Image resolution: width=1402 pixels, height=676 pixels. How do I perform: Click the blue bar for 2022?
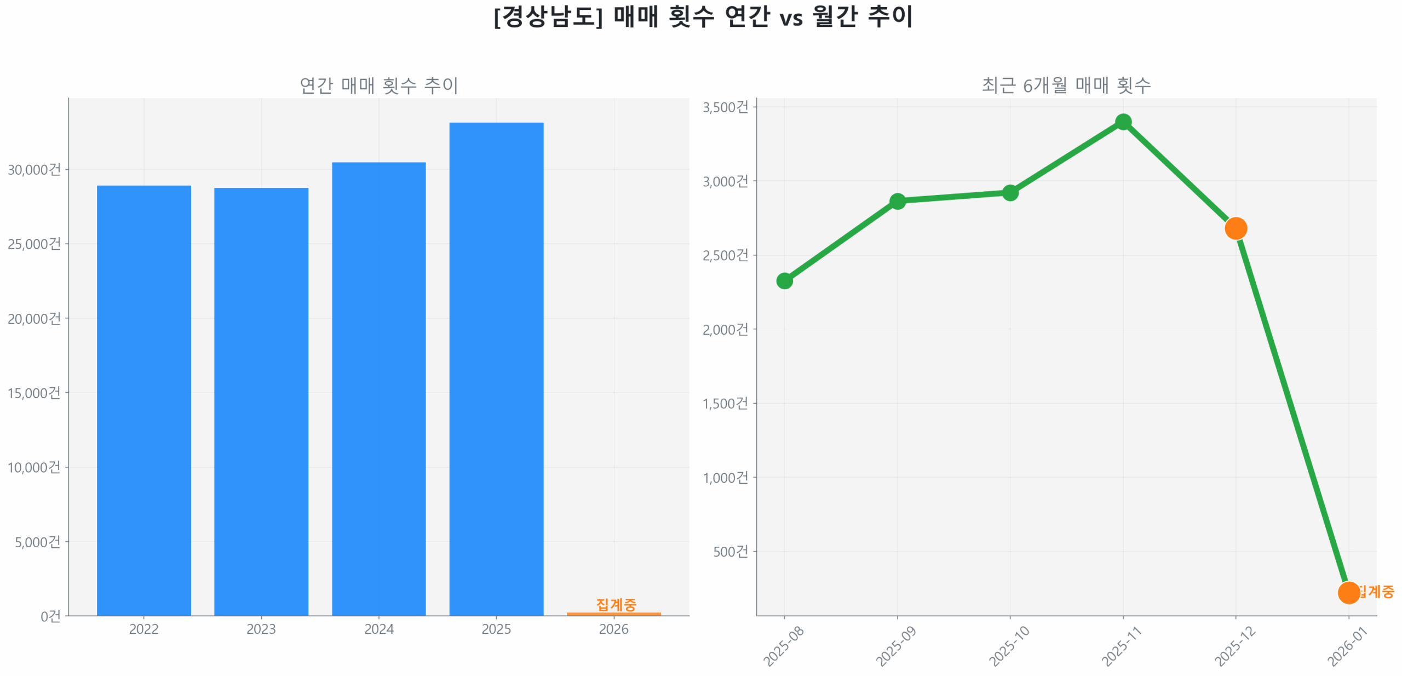tap(143, 400)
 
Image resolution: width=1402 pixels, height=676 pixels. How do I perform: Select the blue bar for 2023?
tap(261, 401)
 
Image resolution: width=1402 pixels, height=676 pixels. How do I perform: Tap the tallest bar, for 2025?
tap(496, 368)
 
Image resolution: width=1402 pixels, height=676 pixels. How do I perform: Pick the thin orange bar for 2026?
tap(613, 614)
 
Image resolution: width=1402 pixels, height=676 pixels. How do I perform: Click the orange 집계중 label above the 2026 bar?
tap(616, 604)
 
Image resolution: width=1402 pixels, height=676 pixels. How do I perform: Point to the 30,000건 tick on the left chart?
tap(34, 169)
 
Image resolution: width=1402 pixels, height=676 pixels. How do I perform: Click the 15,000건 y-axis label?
tap(34, 392)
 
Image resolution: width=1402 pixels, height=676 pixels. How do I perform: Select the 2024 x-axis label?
tap(378, 628)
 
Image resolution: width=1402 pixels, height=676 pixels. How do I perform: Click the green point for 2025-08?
tap(784, 280)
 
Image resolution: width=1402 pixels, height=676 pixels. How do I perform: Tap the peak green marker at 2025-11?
tap(1122, 122)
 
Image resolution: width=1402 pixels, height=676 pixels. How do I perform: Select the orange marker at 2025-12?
tap(1235, 228)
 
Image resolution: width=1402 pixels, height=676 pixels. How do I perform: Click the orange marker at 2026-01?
tap(1348, 592)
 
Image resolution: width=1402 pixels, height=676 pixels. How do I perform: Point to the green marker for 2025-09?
tap(897, 201)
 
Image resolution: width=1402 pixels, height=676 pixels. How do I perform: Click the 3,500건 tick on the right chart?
tap(725, 107)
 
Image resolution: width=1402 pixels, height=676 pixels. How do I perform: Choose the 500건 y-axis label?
tap(729, 551)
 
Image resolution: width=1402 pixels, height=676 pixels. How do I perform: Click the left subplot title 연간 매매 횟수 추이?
tap(378, 85)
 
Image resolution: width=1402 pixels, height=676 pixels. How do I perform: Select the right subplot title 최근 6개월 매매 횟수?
tap(1065, 85)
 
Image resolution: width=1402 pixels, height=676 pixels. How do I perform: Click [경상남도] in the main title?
tap(547, 16)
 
